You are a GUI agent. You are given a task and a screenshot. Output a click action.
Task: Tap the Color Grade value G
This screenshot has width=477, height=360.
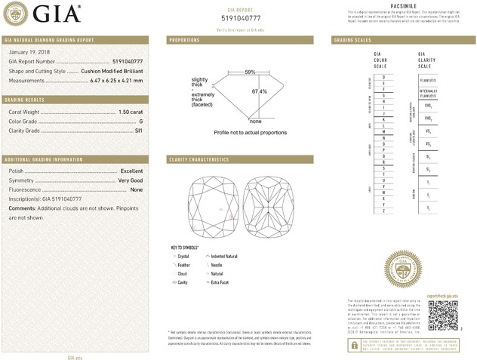(140, 121)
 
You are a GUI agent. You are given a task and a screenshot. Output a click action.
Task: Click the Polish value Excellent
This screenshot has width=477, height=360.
(131, 171)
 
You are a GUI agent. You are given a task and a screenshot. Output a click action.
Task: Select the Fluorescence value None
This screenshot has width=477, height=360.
(136, 189)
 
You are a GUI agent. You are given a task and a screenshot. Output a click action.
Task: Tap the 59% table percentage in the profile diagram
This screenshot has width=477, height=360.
(250, 72)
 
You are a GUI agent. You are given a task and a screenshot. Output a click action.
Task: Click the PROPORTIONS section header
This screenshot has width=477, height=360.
(185, 39)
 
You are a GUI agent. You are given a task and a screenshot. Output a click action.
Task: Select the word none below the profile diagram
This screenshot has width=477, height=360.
(255, 121)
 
